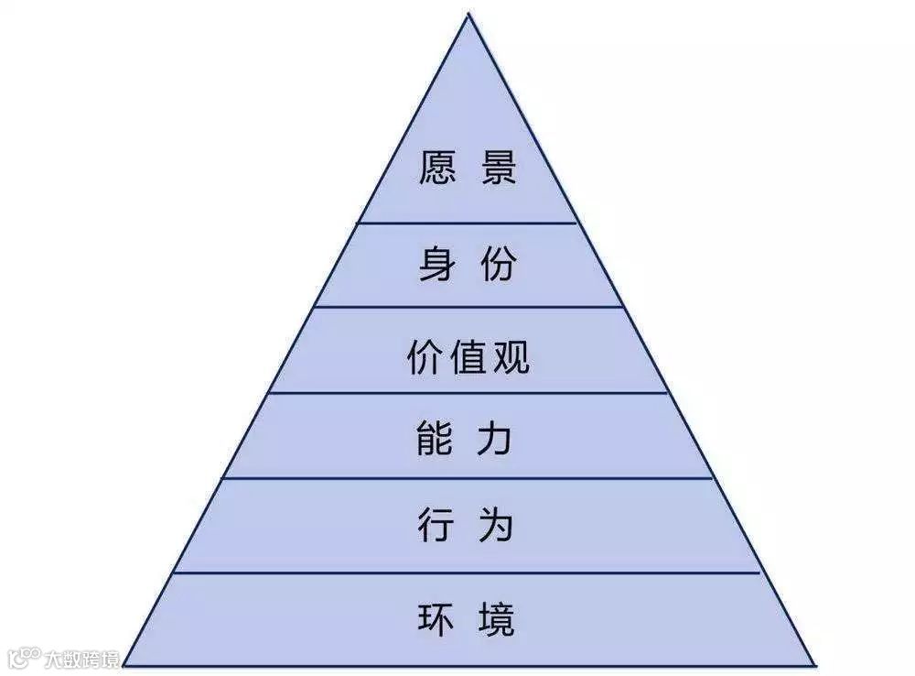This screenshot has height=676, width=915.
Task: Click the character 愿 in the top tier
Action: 436,169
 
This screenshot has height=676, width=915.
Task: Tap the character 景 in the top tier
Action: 499,169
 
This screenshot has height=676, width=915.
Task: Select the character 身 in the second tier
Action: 436,266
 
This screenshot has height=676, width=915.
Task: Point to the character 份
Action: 499,266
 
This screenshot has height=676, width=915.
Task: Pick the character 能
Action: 436,441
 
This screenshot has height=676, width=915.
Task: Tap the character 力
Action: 499,441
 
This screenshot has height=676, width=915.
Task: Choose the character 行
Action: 436,527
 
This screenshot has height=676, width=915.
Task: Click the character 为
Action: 499,527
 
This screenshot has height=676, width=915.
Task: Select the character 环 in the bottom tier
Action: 436,618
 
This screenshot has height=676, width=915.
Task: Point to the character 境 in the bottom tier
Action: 499,618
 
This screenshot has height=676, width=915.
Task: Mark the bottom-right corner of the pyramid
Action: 813,662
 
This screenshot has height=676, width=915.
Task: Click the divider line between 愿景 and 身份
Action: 468,222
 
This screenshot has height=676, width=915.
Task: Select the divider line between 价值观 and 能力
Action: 468,393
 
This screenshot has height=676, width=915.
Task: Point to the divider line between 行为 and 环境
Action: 468,572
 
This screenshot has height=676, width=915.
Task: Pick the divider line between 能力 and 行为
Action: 468,477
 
